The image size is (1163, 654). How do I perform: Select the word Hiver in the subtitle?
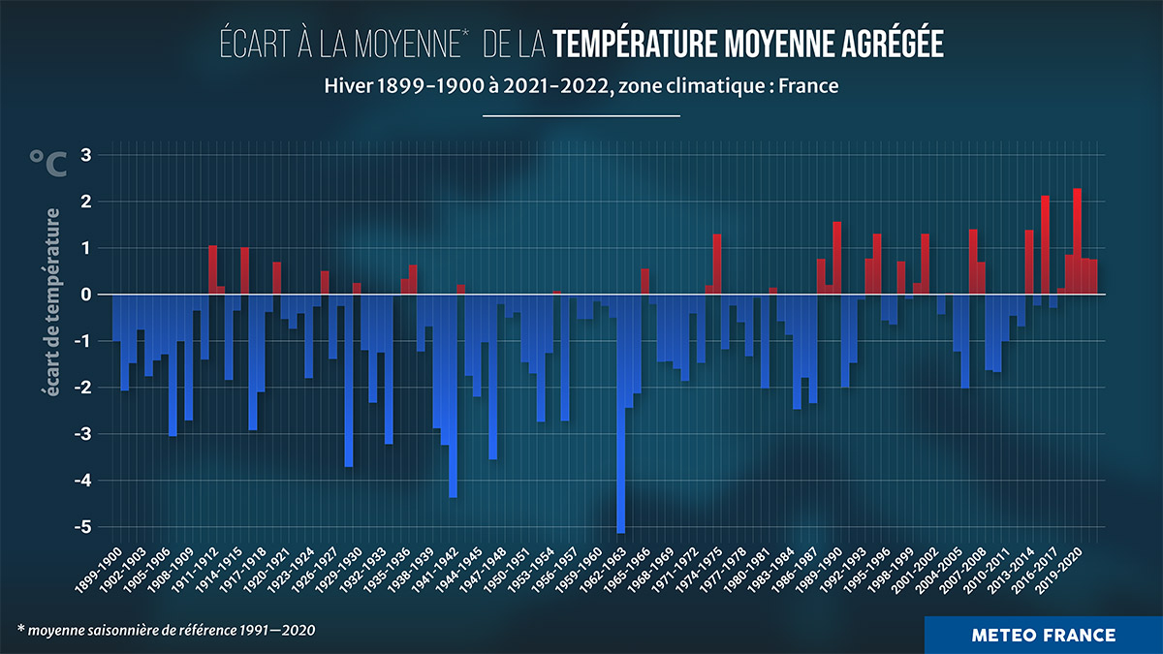[347, 85]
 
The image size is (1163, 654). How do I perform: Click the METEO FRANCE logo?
[1043, 636]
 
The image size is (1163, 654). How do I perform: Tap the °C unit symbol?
[47, 164]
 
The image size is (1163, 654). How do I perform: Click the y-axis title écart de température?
[49, 301]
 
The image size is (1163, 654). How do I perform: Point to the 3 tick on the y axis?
[85, 155]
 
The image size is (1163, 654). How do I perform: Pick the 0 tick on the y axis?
[85, 295]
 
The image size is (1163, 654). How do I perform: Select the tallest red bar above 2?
[1077, 241]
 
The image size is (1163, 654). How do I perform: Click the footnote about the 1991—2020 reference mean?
[166, 631]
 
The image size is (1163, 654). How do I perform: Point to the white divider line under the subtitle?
[581, 116]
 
